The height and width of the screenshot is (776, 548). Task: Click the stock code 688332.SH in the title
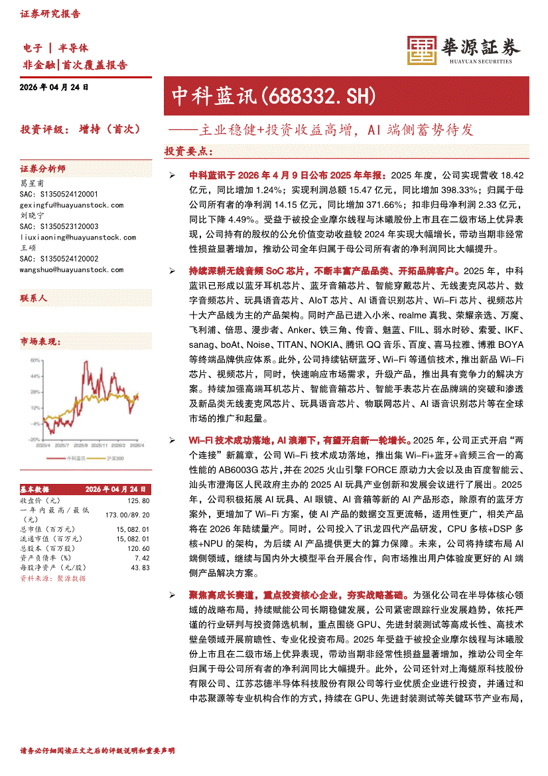pos(320,97)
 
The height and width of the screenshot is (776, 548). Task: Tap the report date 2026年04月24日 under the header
pos(54,87)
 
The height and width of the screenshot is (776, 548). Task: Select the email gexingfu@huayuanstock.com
pos(72,205)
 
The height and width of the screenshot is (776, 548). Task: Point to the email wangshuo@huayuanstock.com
pos(72,269)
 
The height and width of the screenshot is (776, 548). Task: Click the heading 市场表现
pos(40,341)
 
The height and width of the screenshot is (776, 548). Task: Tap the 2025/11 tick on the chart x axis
pos(100,445)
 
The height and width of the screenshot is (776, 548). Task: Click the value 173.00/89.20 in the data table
pos(127,514)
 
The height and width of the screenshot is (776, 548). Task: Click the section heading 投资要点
pos(189,151)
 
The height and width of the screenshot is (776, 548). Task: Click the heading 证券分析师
pos(42,169)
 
